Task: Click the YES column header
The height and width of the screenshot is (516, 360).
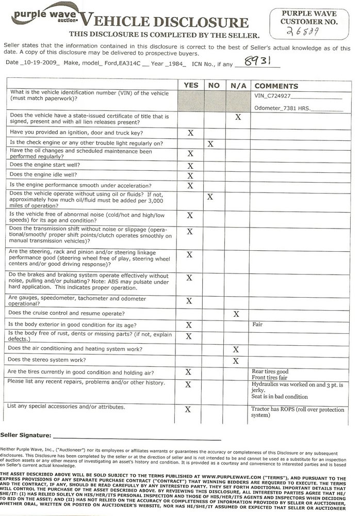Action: coord(190,85)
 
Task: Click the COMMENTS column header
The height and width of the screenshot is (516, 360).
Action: coord(276,86)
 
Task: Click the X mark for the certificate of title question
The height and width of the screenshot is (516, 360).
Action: coord(238,118)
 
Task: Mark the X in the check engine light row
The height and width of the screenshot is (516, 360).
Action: coord(210,143)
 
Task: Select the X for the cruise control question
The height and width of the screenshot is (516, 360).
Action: coord(236,314)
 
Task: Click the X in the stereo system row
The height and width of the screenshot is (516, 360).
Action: coord(236,361)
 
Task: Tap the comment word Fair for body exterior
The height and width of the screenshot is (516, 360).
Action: coord(258,325)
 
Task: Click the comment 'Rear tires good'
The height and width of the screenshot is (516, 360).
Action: coord(270,371)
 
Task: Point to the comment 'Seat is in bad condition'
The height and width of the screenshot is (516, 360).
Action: coord(279,396)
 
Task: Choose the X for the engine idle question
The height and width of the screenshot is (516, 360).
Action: coord(190,175)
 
